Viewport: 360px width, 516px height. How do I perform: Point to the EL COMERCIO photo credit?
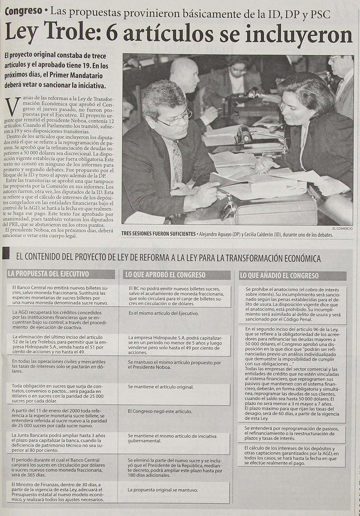(x=342, y=228)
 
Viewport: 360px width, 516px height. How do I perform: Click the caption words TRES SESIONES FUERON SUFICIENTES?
(x=159, y=234)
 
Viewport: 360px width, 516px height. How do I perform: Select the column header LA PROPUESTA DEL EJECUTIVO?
(x=48, y=274)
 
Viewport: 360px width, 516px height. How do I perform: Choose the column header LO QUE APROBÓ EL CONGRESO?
(x=165, y=275)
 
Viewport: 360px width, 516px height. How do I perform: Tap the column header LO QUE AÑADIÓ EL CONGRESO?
(x=279, y=276)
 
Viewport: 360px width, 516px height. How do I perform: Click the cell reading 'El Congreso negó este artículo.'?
(x=160, y=411)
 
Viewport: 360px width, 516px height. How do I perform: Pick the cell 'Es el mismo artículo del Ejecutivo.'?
(x=163, y=313)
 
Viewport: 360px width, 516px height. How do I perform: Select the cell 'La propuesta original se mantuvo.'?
(x=163, y=490)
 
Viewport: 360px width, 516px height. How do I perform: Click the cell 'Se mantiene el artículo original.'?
(x=160, y=387)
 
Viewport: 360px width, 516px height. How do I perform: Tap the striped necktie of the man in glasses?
(x=177, y=160)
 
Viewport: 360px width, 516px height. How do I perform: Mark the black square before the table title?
(x=6, y=254)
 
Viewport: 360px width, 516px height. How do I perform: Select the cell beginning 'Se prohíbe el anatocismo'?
(x=292, y=305)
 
